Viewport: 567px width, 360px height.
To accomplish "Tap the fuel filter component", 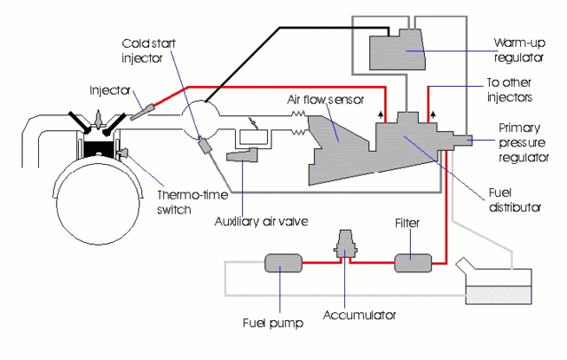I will (413, 263).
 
